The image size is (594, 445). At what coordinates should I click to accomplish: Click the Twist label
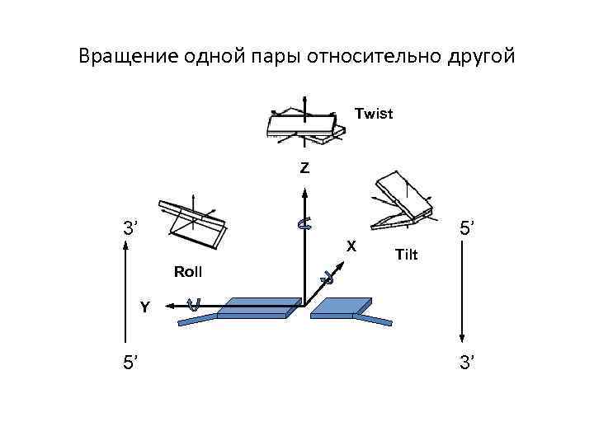point(374,114)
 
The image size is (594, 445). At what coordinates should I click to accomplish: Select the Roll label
point(188,271)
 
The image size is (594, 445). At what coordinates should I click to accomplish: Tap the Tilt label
point(407,255)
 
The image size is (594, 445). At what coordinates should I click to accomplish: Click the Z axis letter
point(305,168)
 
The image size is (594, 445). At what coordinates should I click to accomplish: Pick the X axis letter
point(351,245)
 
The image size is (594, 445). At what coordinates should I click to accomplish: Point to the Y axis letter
point(144,307)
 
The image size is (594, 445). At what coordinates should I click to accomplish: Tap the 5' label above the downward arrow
point(466,227)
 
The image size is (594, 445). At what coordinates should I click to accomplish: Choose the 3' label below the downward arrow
point(466,360)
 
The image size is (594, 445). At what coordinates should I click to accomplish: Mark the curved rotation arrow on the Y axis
point(194,305)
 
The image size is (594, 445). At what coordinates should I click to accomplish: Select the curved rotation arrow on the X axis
point(327,278)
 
